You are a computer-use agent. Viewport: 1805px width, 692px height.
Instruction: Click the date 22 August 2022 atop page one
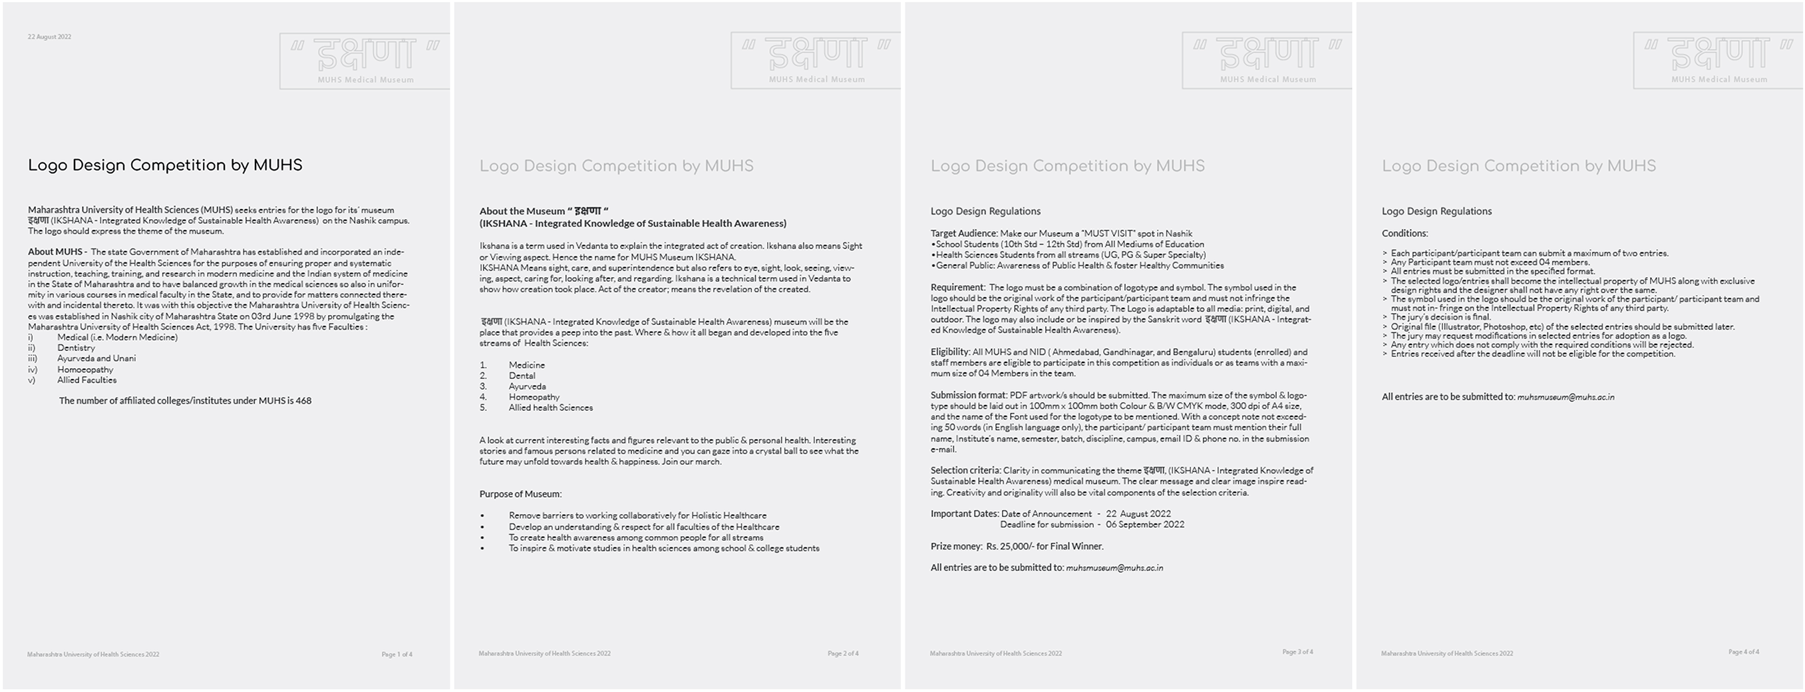click(x=49, y=37)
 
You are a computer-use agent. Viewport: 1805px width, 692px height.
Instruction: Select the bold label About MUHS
click(x=55, y=252)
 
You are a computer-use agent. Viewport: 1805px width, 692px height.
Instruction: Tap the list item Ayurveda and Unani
click(x=96, y=358)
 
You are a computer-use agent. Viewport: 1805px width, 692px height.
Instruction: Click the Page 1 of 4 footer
click(x=397, y=654)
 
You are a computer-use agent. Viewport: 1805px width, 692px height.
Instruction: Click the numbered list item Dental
click(x=522, y=376)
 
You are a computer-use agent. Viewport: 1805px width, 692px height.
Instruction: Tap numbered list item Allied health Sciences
click(x=551, y=408)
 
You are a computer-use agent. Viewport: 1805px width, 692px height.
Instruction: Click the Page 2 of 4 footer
click(x=842, y=653)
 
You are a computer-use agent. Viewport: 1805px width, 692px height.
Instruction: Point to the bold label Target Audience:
click(x=963, y=234)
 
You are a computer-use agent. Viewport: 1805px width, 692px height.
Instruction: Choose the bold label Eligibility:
click(x=950, y=352)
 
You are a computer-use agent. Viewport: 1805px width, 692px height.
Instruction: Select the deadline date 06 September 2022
click(x=1145, y=524)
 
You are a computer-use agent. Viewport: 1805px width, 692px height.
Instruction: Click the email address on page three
click(x=1114, y=568)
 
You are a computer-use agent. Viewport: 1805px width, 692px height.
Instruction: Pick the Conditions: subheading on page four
click(x=1404, y=234)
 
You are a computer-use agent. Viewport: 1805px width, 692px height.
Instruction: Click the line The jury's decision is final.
click(x=1440, y=317)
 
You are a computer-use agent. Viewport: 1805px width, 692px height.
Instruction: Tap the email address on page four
click(x=1565, y=397)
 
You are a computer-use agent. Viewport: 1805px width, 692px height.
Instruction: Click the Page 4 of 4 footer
click(x=1743, y=652)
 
